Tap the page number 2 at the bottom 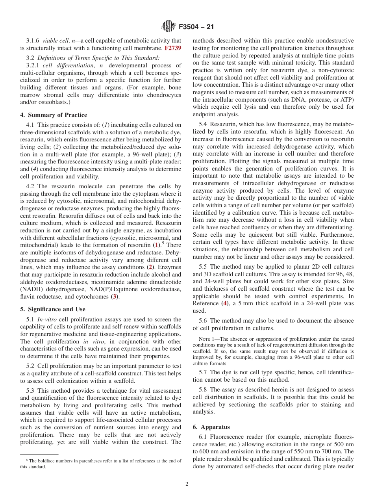click(187, 484)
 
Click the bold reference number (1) click(156, 245)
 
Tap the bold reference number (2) click(150, 267)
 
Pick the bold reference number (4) click(225, 303)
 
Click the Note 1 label click(205, 339)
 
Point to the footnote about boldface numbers click(101, 464)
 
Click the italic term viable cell click(55, 41)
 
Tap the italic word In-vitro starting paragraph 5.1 click(47, 319)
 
